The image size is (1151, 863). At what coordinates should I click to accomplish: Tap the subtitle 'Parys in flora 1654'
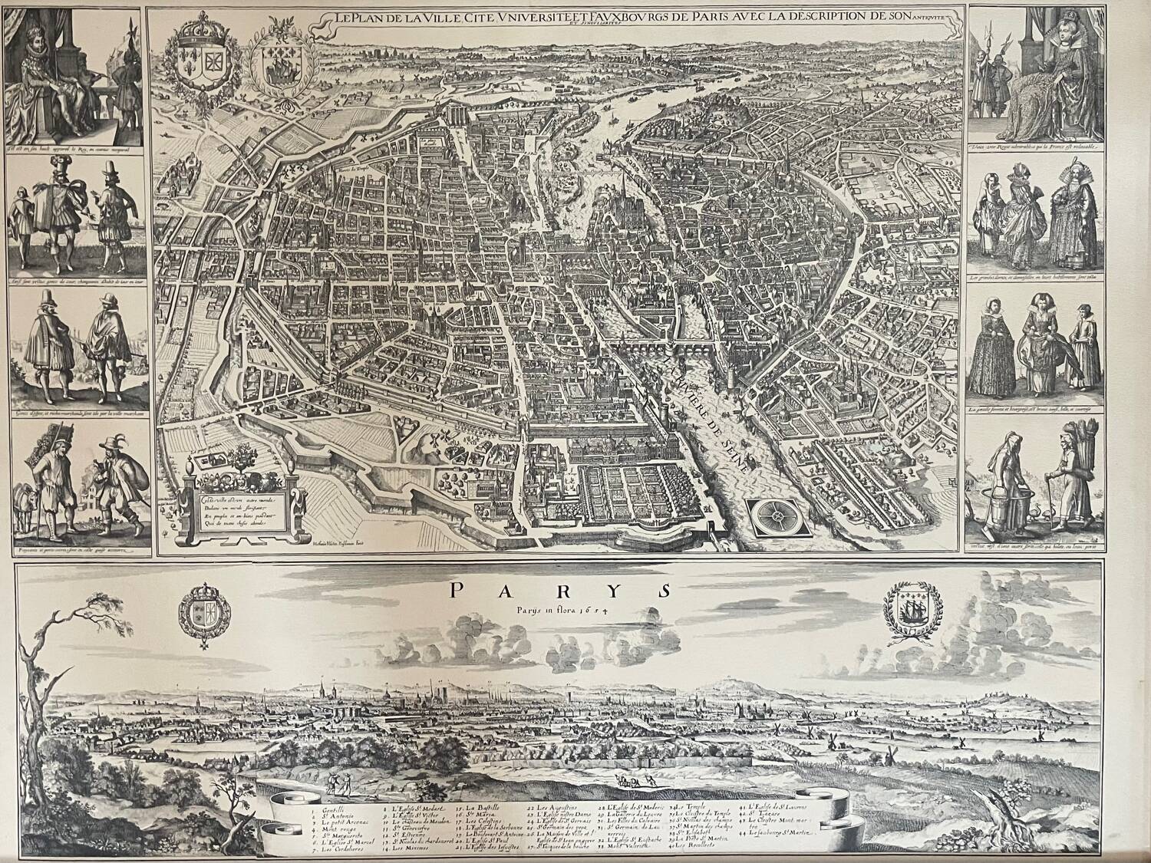tap(559, 611)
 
